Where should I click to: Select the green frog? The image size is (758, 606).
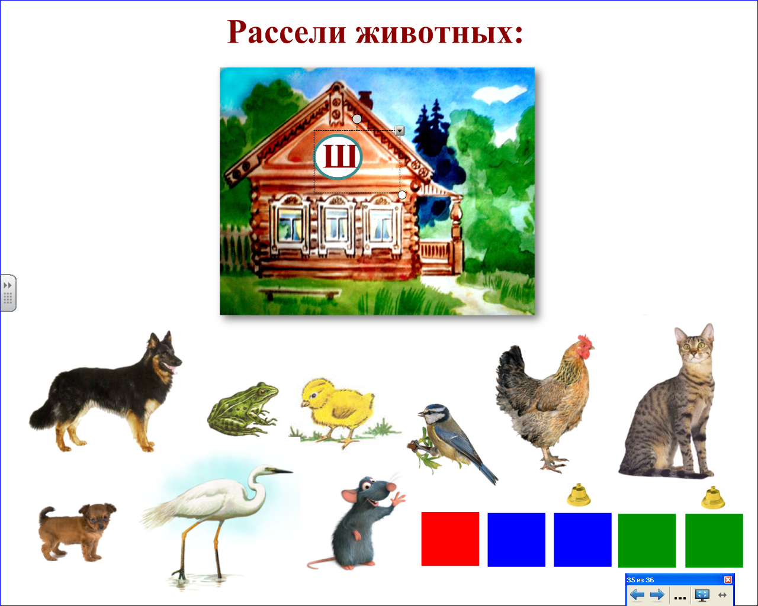pyautogui.click(x=243, y=409)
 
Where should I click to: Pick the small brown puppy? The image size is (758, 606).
pyautogui.click(x=77, y=531)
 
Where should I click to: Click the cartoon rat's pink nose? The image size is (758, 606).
pyautogui.click(x=391, y=487)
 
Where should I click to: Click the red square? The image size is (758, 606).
pyautogui.click(x=450, y=539)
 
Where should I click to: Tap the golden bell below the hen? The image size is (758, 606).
pyautogui.click(x=579, y=495)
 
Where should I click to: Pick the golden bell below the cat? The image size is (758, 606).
pyautogui.click(x=713, y=497)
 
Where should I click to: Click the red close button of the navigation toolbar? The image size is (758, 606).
pyautogui.click(x=728, y=579)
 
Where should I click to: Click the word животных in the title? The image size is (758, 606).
pyautogui.click(x=439, y=33)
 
